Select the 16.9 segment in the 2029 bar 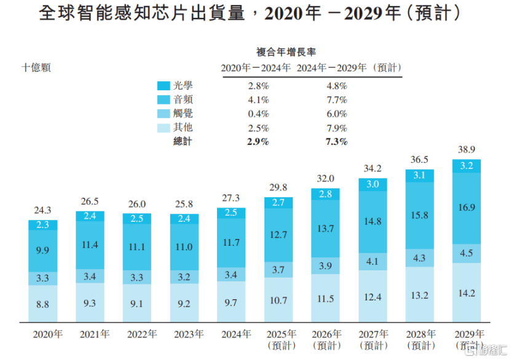[x=467, y=208]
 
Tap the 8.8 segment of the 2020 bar [x=43, y=303]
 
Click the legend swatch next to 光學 [x=164, y=85]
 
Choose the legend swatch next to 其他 [x=164, y=128]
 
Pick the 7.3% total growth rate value [x=336, y=142]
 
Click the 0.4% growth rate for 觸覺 [x=258, y=114]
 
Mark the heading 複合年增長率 [x=286, y=52]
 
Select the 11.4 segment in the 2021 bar [x=90, y=245]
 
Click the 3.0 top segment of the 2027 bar [x=373, y=184]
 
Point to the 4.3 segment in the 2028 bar [x=420, y=258]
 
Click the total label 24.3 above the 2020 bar [x=43, y=211]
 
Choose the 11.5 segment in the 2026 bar [x=325, y=298]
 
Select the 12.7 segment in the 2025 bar [x=279, y=234]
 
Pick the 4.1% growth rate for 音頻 [x=258, y=100]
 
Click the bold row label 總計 [x=183, y=142]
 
